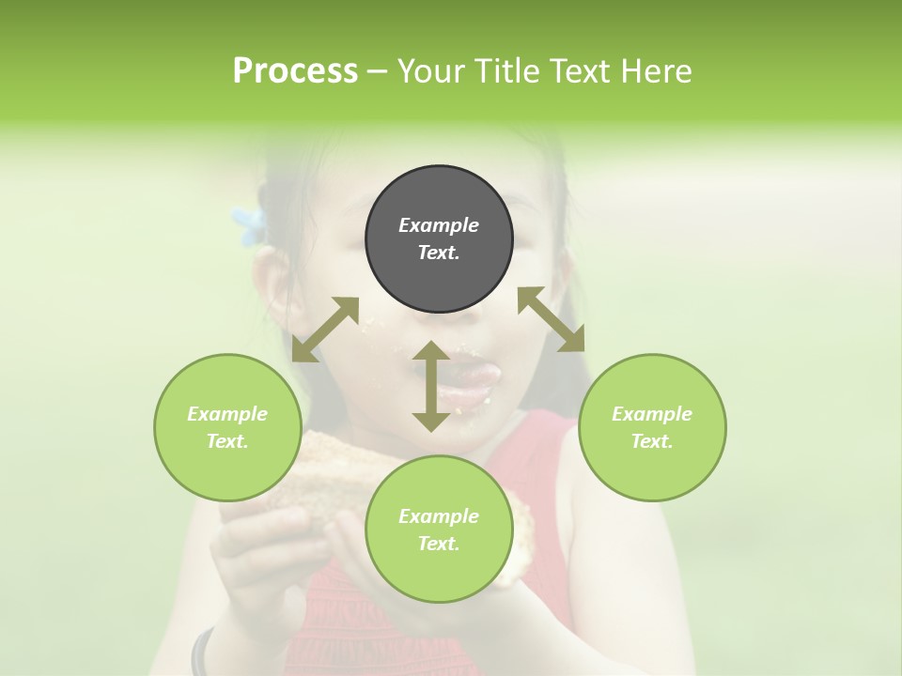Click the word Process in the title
pos(295,71)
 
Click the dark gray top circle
pos(439,239)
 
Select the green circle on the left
pos(227,427)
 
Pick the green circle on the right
pos(651,427)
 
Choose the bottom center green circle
pos(439,530)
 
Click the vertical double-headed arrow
pos(431,386)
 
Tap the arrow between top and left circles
pos(325,329)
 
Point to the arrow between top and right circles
pos(552,319)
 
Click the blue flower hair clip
pos(249,225)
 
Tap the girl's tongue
pos(476,376)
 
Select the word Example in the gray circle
pos(439,225)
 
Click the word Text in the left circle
pos(227,441)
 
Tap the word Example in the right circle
pos(651,414)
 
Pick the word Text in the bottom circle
pos(439,544)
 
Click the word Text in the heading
pos(574,71)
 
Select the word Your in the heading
pos(428,71)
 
